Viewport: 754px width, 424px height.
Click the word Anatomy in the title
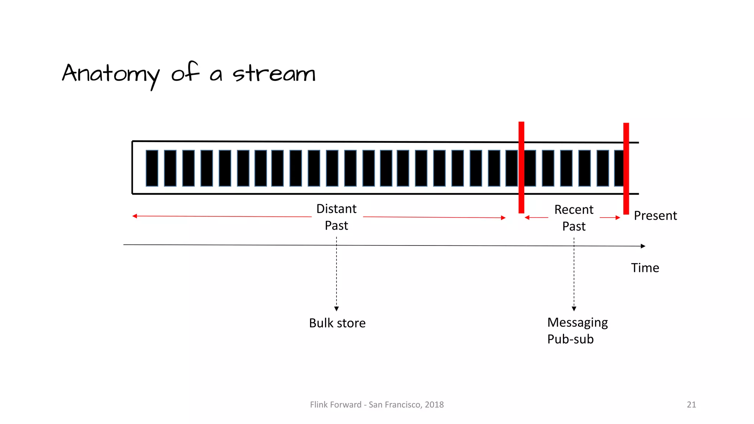click(111, 74)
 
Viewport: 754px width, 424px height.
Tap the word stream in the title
click(274, 73)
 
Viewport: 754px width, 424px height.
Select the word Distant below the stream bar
click(336, 209)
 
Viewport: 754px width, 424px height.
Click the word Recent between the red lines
click(574, 210)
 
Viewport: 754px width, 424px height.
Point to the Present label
click(655, 216)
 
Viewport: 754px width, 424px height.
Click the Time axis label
click(645, 268)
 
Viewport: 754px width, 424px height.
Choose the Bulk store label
click(337, 323)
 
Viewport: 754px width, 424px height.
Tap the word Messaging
click(577, 323)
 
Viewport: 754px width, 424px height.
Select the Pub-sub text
click(570, 339)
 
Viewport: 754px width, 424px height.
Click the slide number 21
click(691, 405)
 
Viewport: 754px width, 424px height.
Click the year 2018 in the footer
click(434, 405)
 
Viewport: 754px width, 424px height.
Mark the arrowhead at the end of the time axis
click(643, 246)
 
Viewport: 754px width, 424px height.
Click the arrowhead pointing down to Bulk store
click(337, 309)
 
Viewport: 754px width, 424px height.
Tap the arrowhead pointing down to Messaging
click(574, 309)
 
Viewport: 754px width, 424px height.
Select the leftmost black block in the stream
click(152, 168)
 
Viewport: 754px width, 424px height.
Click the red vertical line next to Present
click(626, 168)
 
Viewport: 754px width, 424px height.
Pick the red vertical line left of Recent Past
click(521, 167)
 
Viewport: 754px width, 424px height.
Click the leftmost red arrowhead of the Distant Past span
click(135, 216)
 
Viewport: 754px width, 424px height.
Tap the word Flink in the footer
click(319, 405)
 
